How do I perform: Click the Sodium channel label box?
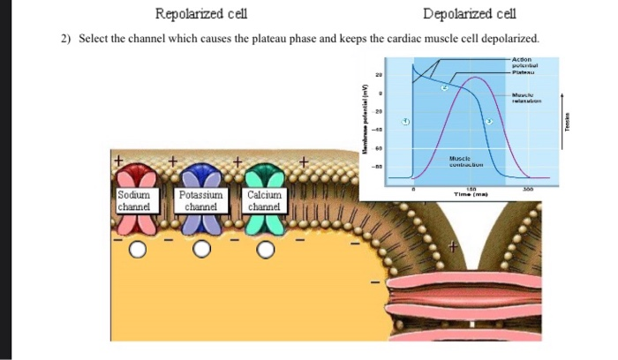pyautogui.click(x=135, y=200)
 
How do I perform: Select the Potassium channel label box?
pyautogui.click(x=202, y=200)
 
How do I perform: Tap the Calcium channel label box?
pyautogui.click(x=265, y=200)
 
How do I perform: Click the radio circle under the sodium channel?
pyautogui.click(x=137, y=251)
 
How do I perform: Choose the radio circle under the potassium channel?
pyautogui.click(x=201, y=251)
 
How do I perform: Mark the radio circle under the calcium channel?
pyautogui.click(x=266, y=251)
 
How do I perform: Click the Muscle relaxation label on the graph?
pyautogui.click(x=531, y=97)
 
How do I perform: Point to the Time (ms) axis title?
pyautogui.click(x=471, y=193)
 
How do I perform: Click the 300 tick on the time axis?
pyautogui.click(x=528, y=189)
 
